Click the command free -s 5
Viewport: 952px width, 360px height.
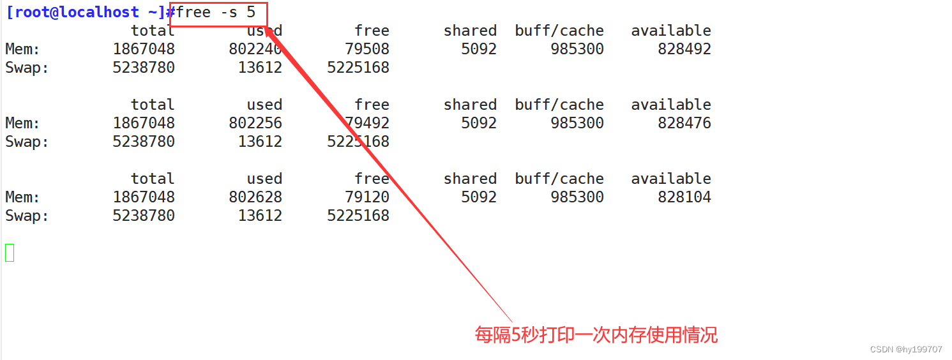pyautogui.click(x=216, y=12)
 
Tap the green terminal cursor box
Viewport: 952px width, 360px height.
pyautogui.click(x=10, y=253)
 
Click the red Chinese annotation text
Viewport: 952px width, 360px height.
pyautogui.click(x=596, y=334)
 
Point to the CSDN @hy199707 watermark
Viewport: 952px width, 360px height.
pyautogui.click(x=906, y=349)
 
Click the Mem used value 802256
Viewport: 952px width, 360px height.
pyautogui.click(x=255, y=123)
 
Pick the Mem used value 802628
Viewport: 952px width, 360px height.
pyautogui.click(x=255, y=197)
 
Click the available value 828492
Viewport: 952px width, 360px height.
pyautogui.click(x=684, y=49)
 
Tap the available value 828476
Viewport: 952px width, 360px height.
pyautogui.click(x=684, y=123)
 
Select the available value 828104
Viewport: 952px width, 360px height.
pyautogui.click(x=684, y=197)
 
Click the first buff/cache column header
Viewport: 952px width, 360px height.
pyautogui.click(x=559, y=31)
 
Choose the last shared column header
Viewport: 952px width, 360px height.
pyautogui.click(x=470, y=179)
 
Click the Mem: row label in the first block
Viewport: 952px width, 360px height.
pyautogui.click(x=22, y=49)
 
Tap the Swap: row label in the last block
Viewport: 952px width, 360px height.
pyautogui.click(x=27, y=216)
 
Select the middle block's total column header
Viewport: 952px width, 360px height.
pyautogui.click(x=153, y=105)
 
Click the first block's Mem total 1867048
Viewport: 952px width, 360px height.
pyautogui.click(x=144, y=49)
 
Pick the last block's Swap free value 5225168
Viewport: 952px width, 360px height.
pyautogui.click(x=358, y=216)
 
